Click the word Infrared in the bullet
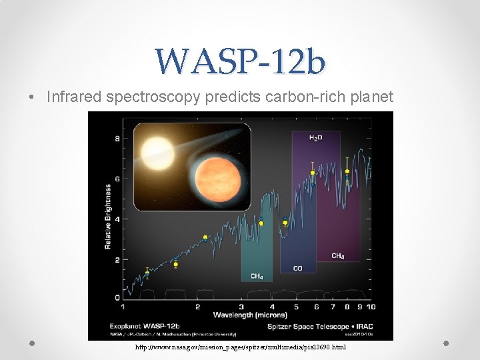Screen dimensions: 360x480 point(71,97)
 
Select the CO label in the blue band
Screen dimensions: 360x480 point(298,269)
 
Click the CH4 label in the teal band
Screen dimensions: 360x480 point(257,276)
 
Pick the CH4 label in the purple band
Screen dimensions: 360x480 point(338,256)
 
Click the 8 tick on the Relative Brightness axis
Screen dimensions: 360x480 point(118,139)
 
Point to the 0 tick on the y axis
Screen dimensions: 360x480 point(118,297)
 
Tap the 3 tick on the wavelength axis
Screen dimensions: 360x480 point(241,307)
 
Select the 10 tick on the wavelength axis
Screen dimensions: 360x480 point(370,307)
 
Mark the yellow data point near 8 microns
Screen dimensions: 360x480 point(347,172)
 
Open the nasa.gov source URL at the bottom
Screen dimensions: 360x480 point(241,347)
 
